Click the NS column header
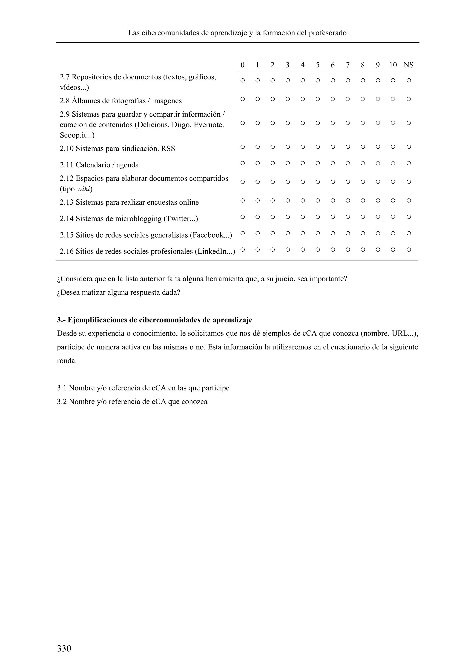pos(408,65)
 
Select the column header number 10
pos(393,65)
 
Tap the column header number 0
pos(242,65)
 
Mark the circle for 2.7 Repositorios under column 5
pos(318,80)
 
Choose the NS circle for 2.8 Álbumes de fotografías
pos(409,99)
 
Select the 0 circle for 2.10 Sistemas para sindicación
pos(242,147)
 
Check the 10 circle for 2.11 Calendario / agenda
pos(393,163)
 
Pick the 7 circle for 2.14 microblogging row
pos(348,217)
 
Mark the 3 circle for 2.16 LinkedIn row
pos(287,250)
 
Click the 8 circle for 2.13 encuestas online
pos(362,201)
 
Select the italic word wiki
pos(83,189)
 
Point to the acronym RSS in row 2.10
pos(168,149)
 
